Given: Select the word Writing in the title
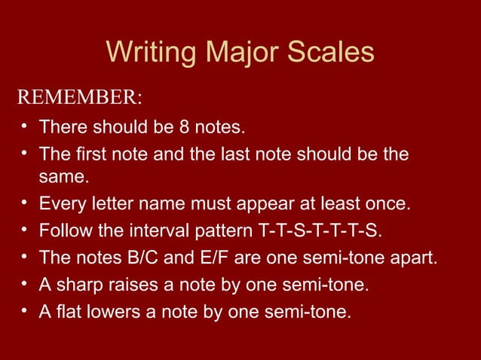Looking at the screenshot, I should click(x=146, y=52).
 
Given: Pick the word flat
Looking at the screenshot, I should click(x=67, y=310).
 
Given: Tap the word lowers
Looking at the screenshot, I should click(x=114, y=310).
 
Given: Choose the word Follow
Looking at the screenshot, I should click(x=63, y=229).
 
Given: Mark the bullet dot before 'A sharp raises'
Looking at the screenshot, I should click(x=25, y=283).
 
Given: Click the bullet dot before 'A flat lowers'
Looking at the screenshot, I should click(x=25, y=310).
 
